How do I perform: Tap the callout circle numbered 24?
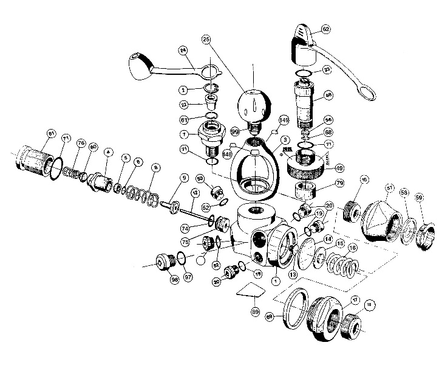coord(182,50)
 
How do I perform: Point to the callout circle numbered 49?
coord(339,169)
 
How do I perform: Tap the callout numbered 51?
coord(390,188)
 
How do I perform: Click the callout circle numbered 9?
coord(181,178)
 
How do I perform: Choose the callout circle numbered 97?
coord(188,278)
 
